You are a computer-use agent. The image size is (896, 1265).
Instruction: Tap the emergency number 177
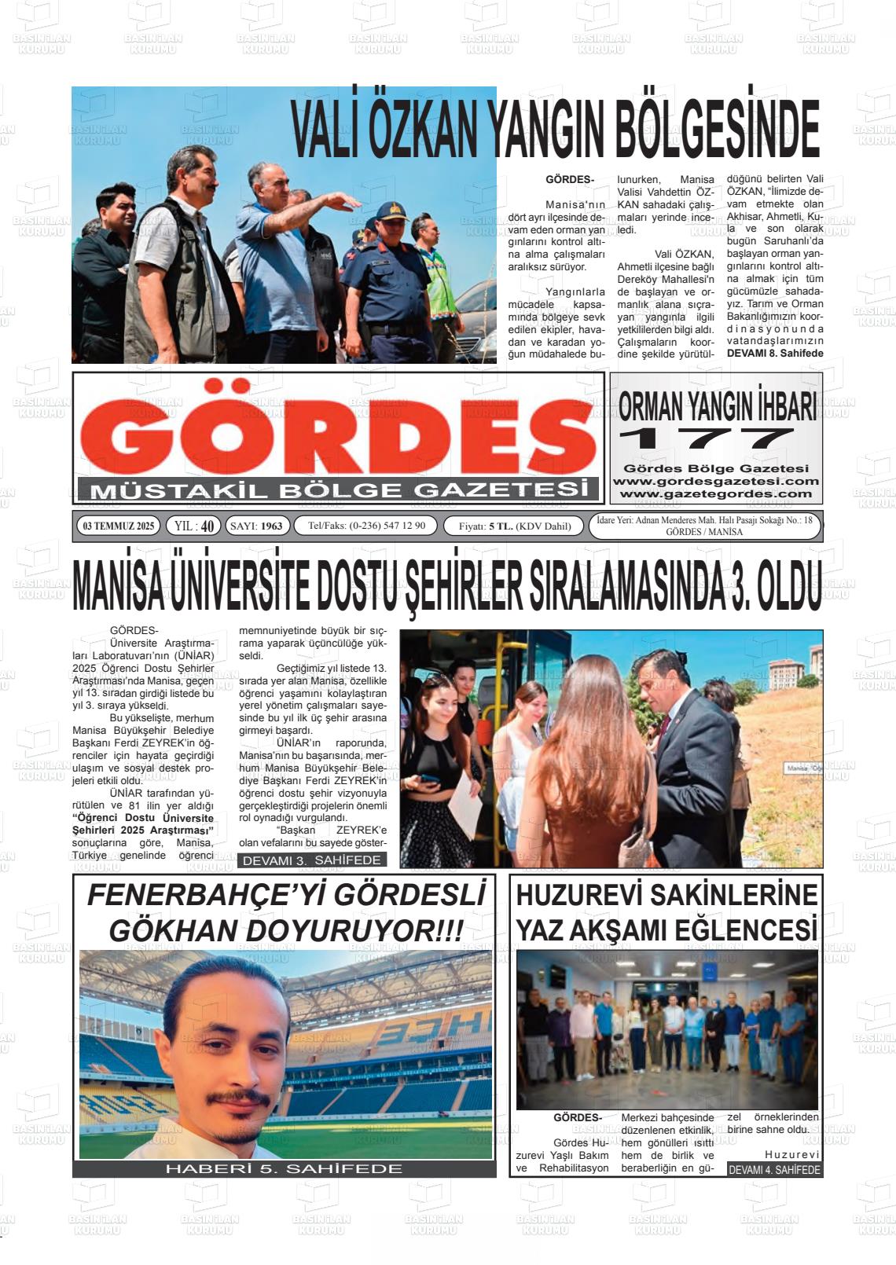pyautogui.click(x=707, y=438)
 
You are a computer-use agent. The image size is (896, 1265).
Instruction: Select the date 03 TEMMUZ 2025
pyautogui.click(x=119, y=526)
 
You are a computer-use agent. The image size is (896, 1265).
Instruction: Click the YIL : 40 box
pyautogui.click(x=193, y=526)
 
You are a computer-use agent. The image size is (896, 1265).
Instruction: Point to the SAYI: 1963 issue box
pyautogui.click(x=257, y=526)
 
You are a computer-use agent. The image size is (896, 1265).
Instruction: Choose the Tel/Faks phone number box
pyautogui.click(x=365, y=526)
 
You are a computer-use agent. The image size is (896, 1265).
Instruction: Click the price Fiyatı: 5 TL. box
pyautogui.click(x=514, y=526)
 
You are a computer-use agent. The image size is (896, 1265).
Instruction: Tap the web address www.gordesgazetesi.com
pyautogui.click(x=715, y=481)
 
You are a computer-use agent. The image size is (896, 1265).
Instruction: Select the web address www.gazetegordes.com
pyautogui.click(x=715, y=493)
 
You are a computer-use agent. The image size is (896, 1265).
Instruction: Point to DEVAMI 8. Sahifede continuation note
pyautogui.click(x=774, y=354)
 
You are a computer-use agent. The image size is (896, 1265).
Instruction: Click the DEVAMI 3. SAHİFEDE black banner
pyautogui.click(x=312, y=860)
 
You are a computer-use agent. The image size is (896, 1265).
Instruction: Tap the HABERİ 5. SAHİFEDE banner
pyautogui.click(x=284, y=1168)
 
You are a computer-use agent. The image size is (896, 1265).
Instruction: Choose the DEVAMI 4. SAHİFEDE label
pyautogui.click(x=774, y=1169)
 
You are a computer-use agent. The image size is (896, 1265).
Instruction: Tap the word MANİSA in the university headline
pyautogui.click(x=118, y=587)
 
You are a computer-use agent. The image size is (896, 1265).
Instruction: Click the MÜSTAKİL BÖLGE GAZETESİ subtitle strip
pyautogui.click(x=338, y=490)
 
